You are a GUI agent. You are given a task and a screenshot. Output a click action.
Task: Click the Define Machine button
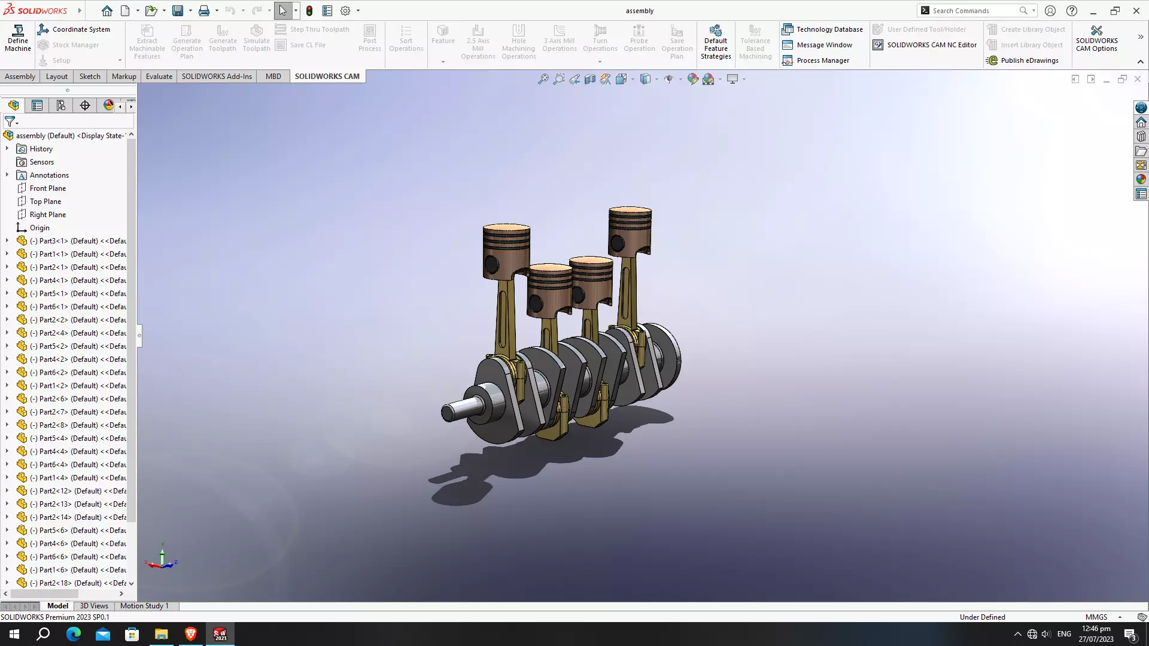point(18,38)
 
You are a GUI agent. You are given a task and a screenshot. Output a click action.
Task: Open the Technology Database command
point(822,29)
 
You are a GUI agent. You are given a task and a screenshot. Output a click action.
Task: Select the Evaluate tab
point(159,77)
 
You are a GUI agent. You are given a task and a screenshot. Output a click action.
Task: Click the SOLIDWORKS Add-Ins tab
point(217,77)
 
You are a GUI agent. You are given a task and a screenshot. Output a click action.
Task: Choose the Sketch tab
point(90,77)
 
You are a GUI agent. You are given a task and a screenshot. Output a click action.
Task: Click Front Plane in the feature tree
point(48,188)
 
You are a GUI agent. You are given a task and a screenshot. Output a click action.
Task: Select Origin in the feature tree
point(39,228)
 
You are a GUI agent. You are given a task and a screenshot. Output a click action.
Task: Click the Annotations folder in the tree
point(49,175)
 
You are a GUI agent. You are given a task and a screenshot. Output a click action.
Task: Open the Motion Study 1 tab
point(144,606)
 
